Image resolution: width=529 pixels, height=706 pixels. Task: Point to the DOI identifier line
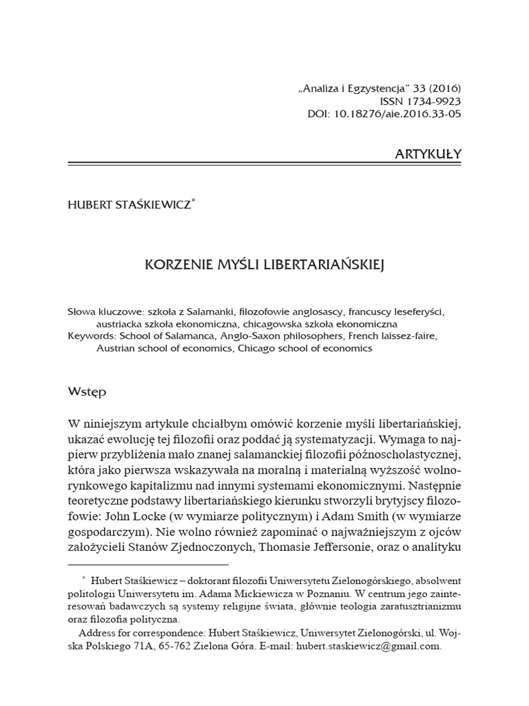pyautogui.click(x=384, y=114)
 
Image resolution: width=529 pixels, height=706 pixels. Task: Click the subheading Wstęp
pyautogui.click(x=87, y=391)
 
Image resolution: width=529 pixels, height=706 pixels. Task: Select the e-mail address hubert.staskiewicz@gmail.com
pyautogui.click(x=368, y=647)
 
